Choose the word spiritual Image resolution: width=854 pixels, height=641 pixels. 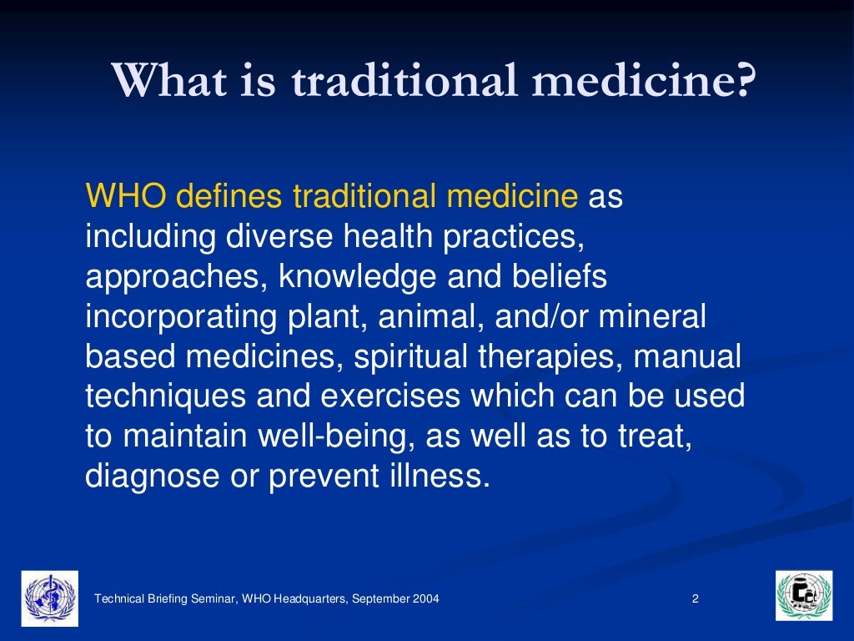[x=411, y=356]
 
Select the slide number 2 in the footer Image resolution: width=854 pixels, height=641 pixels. [x=695, y=598]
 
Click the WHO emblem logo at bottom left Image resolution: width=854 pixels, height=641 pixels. [x=50, y=598]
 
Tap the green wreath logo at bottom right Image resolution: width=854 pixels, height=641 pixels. [x=803, y=596]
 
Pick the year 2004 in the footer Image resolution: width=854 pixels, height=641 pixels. [x=424, y=598]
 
